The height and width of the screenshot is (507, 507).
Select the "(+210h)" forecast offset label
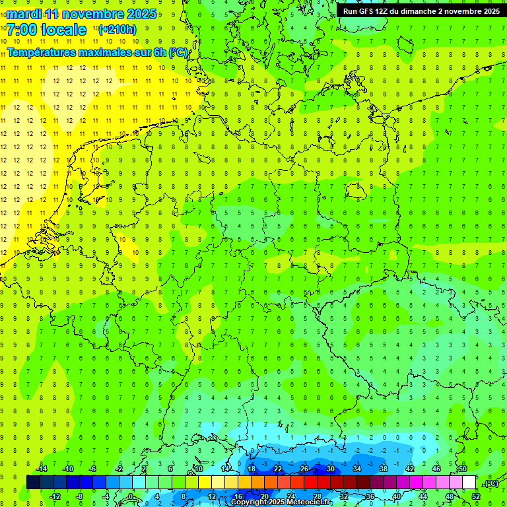click(x=117, y=30)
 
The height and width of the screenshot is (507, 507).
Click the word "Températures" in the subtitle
click(x=44, y=52)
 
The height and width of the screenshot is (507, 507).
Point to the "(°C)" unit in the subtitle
click(x=178, y=52)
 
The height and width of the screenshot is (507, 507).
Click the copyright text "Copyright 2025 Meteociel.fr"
click(x=281, y=502)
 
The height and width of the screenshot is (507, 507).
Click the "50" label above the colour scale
click(x=462, y=469)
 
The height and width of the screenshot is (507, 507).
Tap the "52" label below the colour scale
click(x=475, y=496)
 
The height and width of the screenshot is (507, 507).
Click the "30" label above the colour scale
click(x=330, y=469)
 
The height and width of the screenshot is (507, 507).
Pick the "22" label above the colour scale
click(x=278, y=469)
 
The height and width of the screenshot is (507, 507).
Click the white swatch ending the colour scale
click(x=469, y=483)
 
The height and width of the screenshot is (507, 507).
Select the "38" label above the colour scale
click(x=383, y=469)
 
